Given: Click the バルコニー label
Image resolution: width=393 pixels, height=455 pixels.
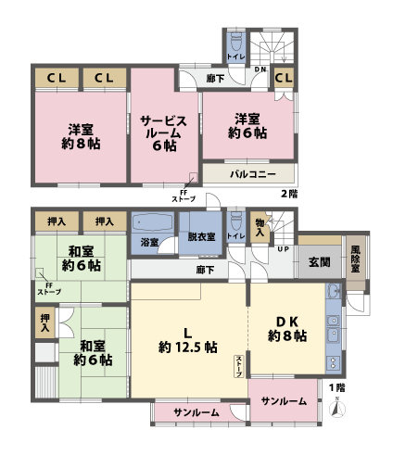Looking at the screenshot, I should (x=249, y=173).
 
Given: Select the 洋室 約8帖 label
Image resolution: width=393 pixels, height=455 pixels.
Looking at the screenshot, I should (x=82, y=136).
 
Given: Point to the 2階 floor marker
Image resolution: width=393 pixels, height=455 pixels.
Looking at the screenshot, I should (x=290, y=193).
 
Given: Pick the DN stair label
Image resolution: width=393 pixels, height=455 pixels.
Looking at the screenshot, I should (x=261, y=70).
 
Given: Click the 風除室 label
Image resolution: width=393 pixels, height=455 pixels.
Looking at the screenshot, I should (x=353, y=257).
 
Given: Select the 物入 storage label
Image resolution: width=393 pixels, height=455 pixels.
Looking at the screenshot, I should (x=260, y=228).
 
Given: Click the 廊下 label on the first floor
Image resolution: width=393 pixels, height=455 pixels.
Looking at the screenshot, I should (x=207, y=270).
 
